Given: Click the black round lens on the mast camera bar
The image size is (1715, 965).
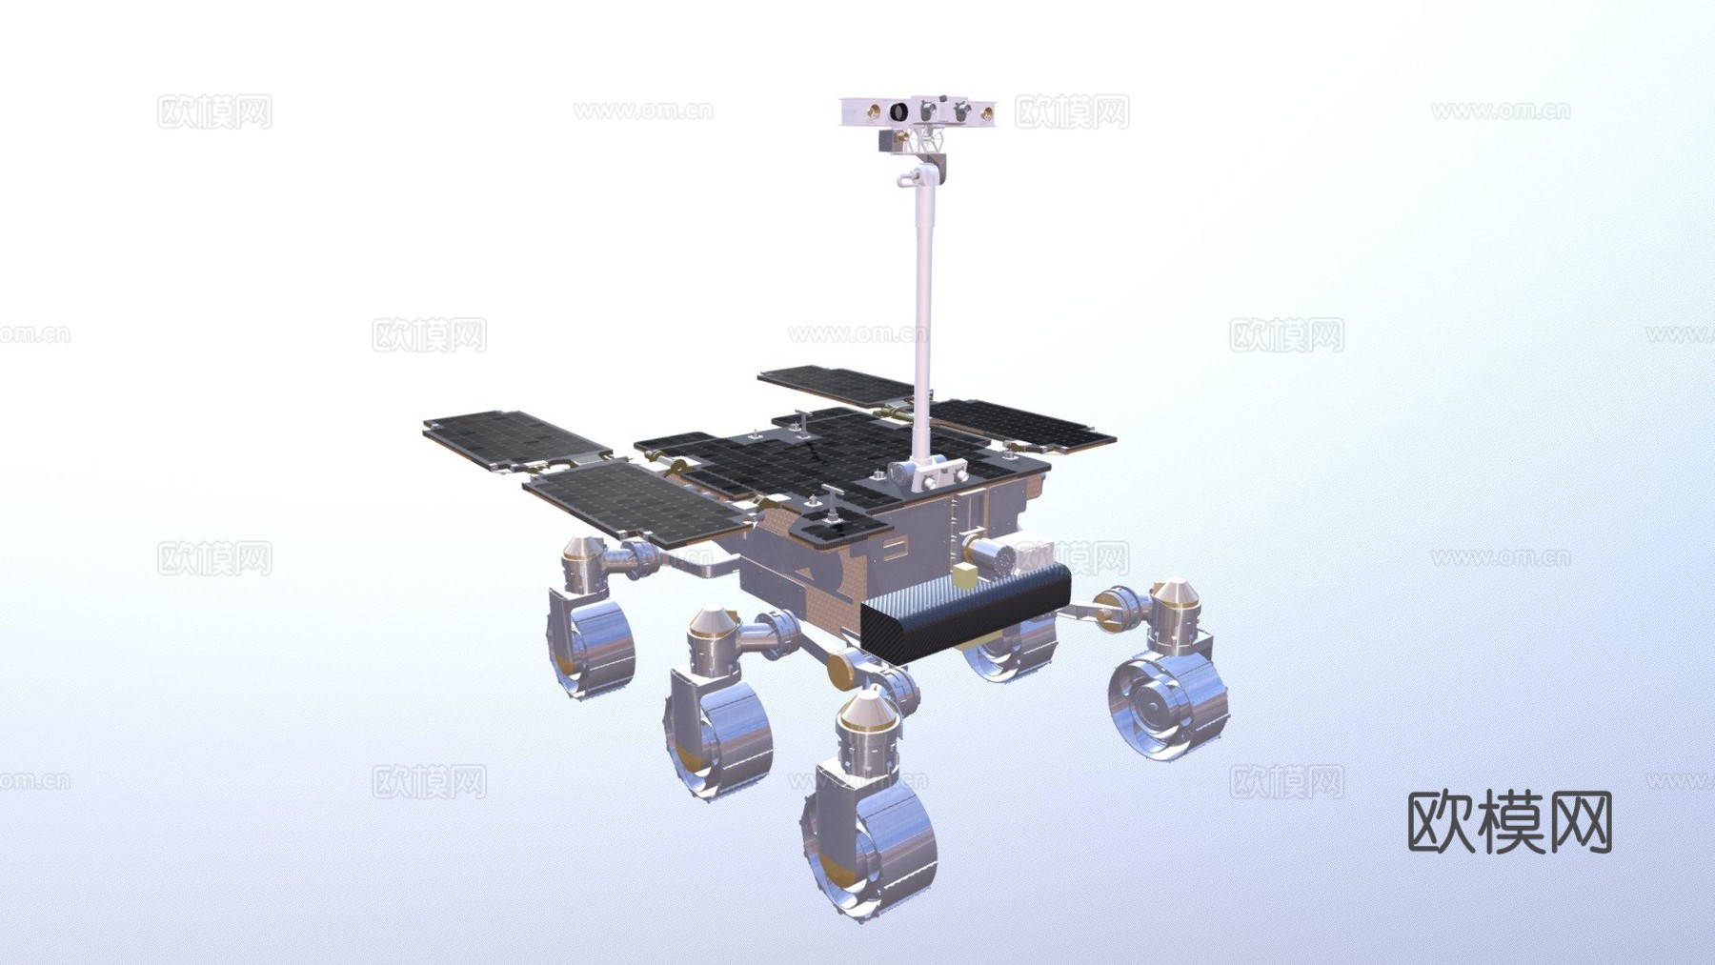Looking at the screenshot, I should (x=898, y=113).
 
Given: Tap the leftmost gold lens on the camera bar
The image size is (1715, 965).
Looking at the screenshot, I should (x=869, y=113).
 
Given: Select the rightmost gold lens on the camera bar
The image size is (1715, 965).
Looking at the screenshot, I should (x=987, y=114).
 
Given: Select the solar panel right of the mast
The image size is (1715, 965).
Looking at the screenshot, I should (x=1024, y=425).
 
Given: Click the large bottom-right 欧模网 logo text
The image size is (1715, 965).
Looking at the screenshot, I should (x=1509, y=822).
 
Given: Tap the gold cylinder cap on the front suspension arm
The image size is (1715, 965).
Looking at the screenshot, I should (x=842, y=668).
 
